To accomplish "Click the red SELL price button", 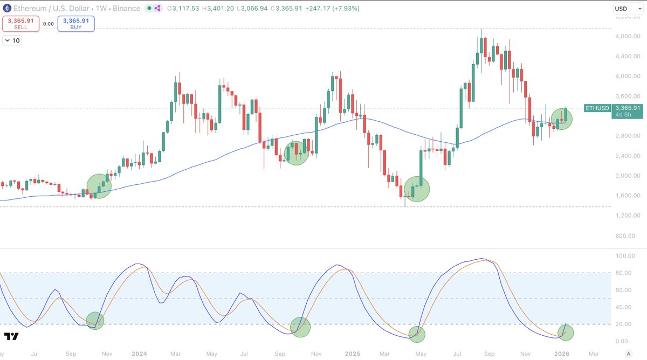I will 20,24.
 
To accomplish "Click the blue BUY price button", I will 76,24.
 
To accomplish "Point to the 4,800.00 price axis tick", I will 628,36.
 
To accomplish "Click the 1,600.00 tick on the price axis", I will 628,196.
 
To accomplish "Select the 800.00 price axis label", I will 631,236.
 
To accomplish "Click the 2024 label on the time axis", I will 139,354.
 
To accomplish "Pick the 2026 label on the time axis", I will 562,354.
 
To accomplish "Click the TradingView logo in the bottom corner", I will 11,337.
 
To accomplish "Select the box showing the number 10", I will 12,40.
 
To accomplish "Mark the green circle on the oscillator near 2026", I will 566,332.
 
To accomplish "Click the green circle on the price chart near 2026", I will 562,119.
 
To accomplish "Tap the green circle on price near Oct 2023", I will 99,186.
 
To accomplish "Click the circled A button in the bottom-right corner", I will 628,354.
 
